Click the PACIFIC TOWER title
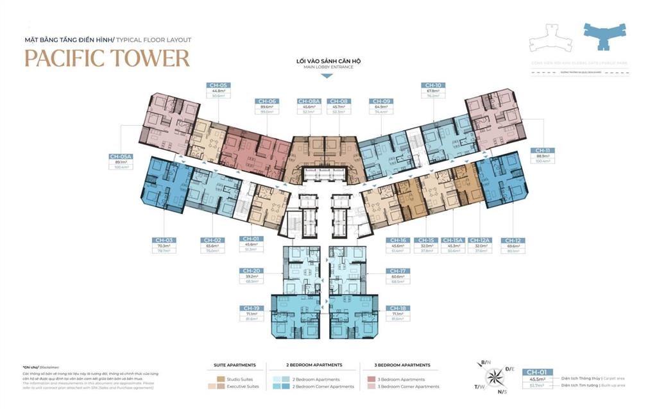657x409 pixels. click(107, 58)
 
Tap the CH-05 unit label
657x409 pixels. click(218, 85)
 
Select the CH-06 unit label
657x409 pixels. click(267, 101)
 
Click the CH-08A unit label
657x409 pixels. click(309, 101)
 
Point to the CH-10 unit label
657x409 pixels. click(432, 85)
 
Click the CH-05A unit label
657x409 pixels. click(120, 156)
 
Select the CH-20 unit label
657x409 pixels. click(252, 271)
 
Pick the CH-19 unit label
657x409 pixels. click(252, 308)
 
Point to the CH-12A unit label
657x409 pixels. click(480, 240)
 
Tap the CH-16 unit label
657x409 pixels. click(397, 240)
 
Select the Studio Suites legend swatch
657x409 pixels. click(220, 380)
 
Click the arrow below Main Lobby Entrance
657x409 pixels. click(326, 76)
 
